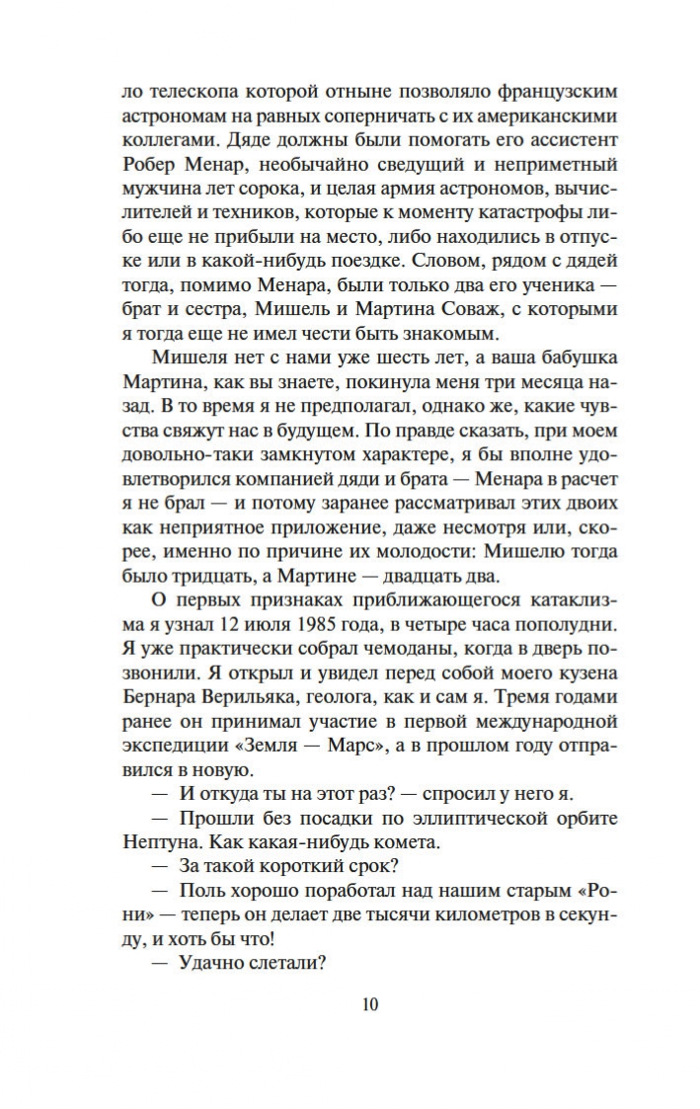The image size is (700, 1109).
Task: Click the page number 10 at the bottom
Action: pyautogui.click(x=370, y=1005)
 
